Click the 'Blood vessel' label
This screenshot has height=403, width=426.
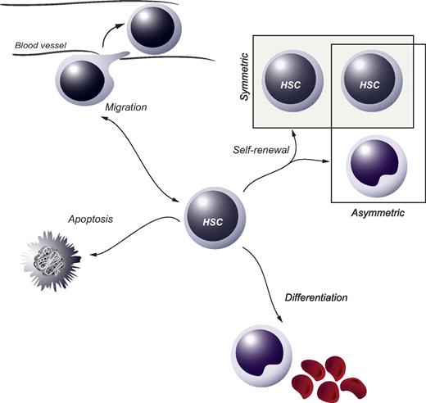pyautogui.click(x=39, y=46)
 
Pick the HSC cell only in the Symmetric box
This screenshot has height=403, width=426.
pyautogui.click(x=292, y=83)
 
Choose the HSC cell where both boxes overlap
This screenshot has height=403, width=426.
pyautogui.click(x=369, y=83)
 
